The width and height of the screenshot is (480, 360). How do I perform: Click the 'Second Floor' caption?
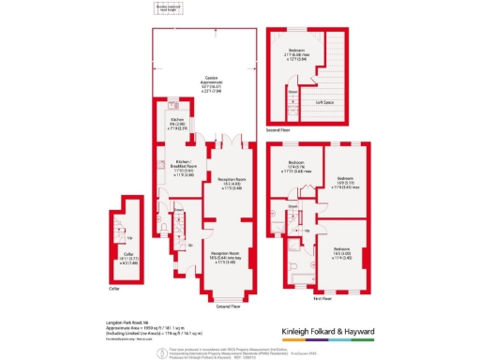277,129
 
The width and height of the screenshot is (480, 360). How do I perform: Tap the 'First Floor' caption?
322,297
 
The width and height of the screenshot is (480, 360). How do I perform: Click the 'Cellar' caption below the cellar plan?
113,289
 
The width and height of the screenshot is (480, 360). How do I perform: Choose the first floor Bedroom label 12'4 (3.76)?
296,167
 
